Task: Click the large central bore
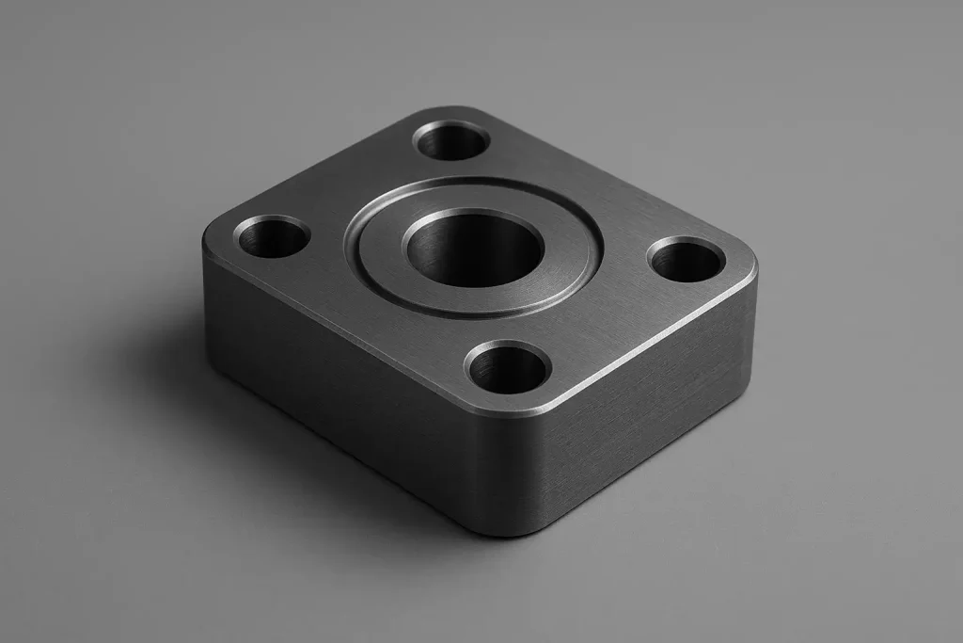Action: tap(473, 249)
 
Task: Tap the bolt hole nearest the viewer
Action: tap(508, 367)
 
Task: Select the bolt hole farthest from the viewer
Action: tap(451, 141)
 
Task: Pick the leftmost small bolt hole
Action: tap(273, 236)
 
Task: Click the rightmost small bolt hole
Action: tap(687, 260)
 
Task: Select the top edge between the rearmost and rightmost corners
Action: tap(611, 179)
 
